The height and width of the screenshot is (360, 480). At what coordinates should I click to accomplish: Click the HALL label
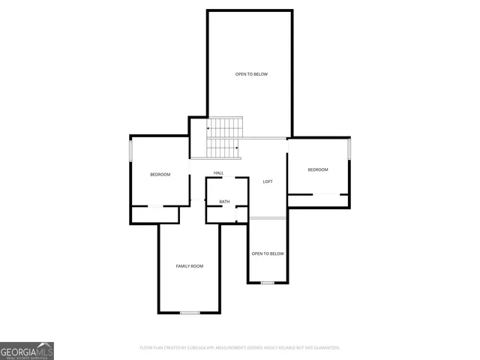218,173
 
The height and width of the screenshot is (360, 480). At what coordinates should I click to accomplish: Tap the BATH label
224,202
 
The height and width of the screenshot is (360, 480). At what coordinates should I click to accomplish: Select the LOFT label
267,182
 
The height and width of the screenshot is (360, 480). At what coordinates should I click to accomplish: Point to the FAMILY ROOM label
189,266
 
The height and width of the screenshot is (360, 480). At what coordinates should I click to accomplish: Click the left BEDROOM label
160,175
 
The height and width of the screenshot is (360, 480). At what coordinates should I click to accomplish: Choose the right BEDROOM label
318,169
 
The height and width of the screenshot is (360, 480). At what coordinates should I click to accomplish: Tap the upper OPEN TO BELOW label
251,74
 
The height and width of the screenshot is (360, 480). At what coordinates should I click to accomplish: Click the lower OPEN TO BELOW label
268,253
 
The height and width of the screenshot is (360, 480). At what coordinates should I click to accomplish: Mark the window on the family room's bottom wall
189,312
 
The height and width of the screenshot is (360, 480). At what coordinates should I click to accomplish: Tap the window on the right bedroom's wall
349,148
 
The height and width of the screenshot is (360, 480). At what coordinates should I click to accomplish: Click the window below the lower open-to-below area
268,283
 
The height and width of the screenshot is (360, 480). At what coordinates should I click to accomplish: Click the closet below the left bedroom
155,214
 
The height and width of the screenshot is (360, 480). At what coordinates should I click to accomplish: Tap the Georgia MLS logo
27,350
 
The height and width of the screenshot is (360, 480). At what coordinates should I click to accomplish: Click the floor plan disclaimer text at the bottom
240,348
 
